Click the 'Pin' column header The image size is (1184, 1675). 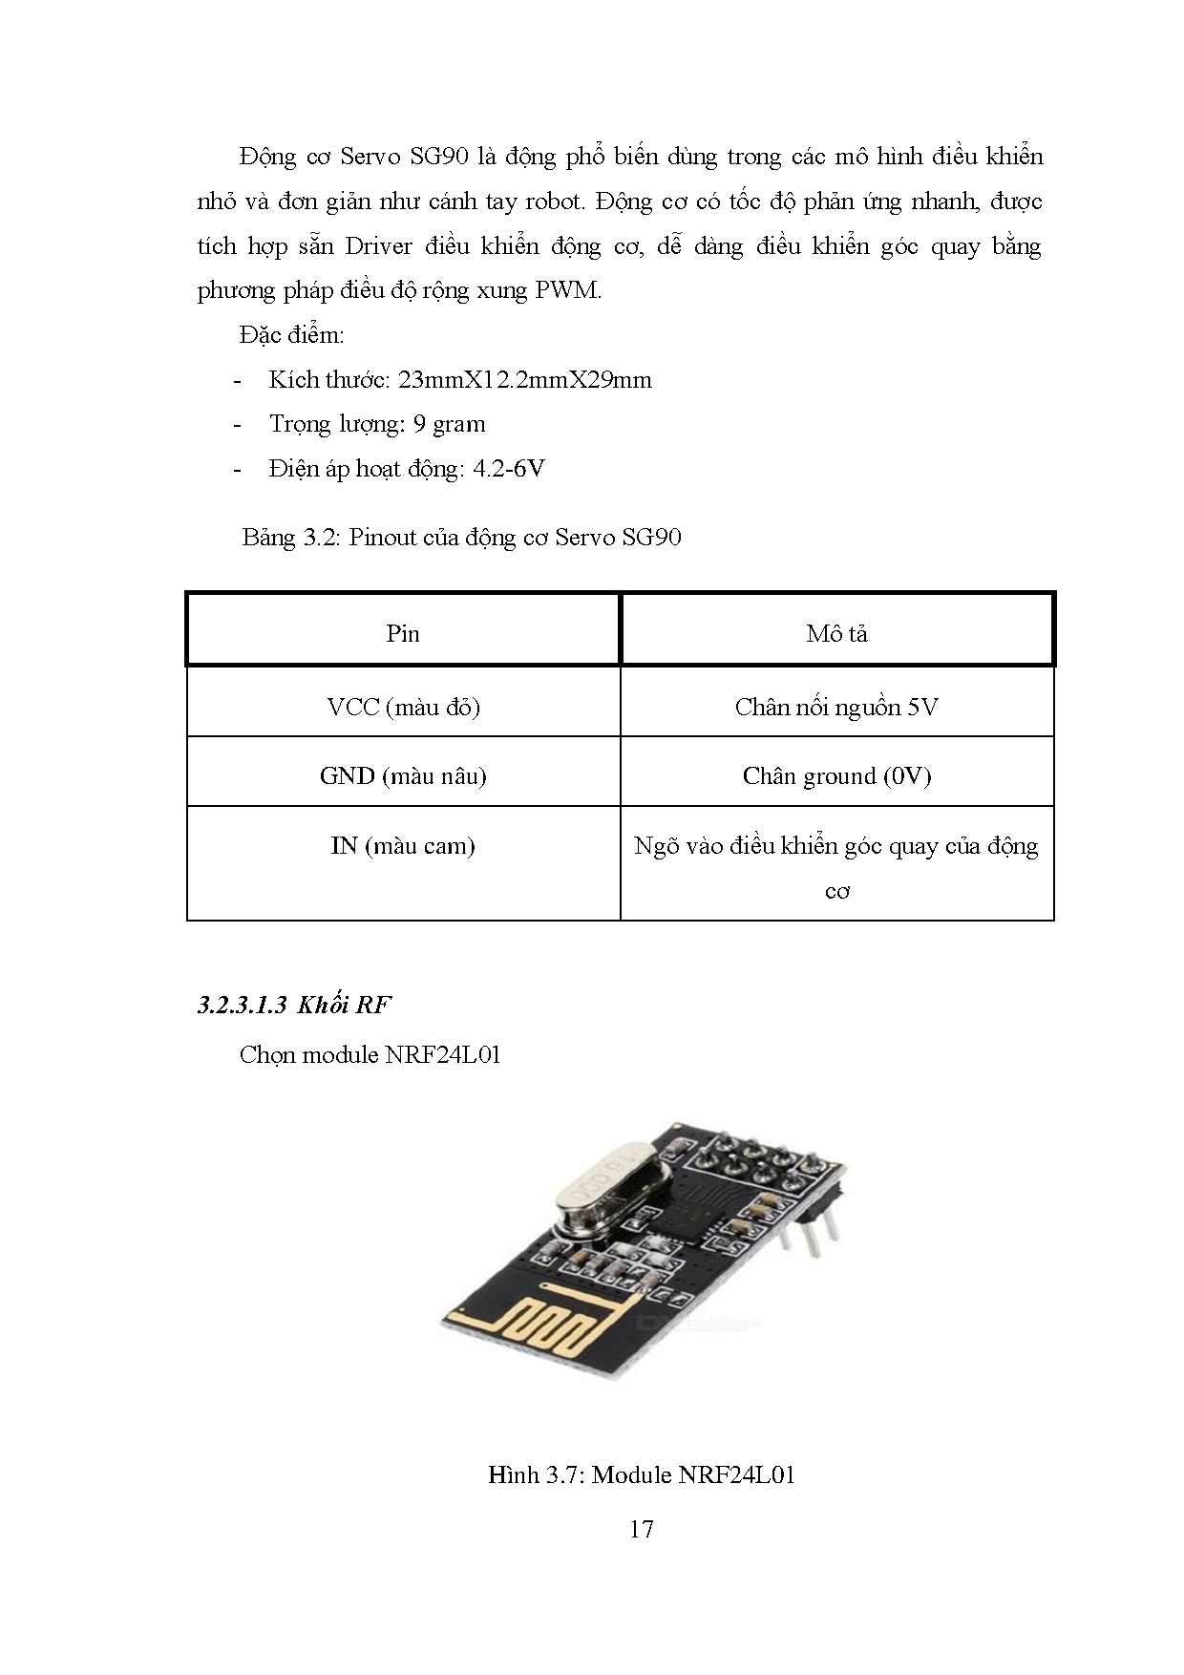403,634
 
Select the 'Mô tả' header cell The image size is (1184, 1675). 836,634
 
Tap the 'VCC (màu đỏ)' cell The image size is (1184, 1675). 403,708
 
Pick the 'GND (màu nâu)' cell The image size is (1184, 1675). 403,776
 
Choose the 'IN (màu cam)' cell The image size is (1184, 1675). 403,846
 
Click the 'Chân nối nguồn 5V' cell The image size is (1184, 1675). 836,708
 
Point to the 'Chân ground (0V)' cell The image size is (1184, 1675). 836,776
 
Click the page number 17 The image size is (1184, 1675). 642,1530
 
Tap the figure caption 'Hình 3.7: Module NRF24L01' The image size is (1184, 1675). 642,1475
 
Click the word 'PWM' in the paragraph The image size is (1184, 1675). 567,290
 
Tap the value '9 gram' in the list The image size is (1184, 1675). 449,424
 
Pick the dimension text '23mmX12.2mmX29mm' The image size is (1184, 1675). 524,380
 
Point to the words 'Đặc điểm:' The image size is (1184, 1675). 291,335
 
